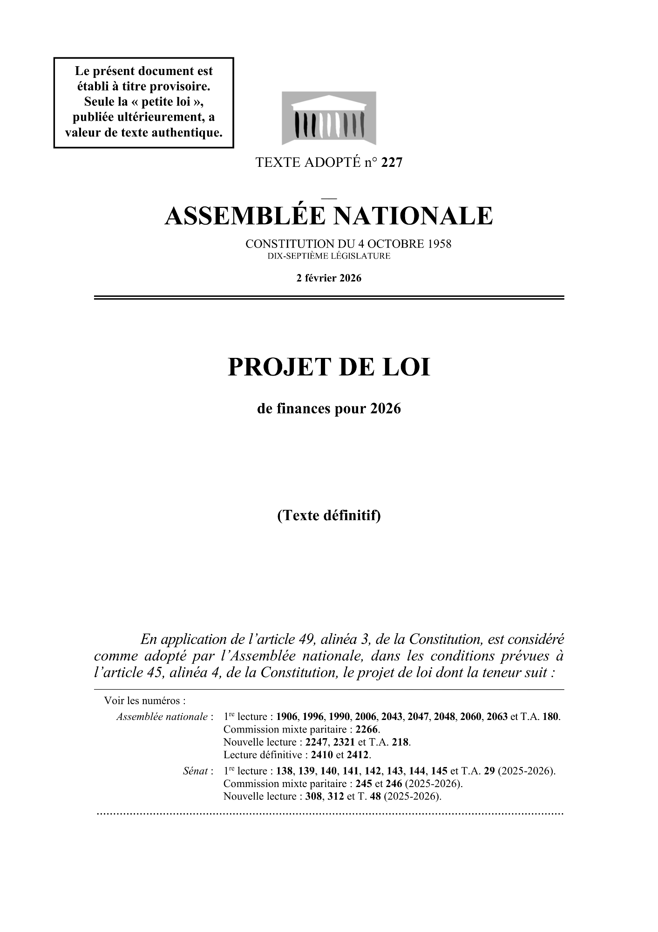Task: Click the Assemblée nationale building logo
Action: click(x=329, y=118)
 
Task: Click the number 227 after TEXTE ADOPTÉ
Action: click(x=391, y=163)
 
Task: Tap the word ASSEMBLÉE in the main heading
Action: click(x=244, y=216)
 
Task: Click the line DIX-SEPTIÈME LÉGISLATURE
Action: click(x=329, y=256)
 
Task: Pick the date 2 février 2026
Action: click(x=329, y=278)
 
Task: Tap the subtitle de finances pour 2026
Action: click(x=329, y=409)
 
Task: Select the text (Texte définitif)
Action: click(x=329, y=515)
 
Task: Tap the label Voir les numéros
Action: click(x=145, y=701)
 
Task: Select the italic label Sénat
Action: click(x=196, y=771)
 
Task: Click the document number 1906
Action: click(x=288, y=717)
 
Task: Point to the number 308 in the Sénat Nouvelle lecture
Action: click(x=314, y=796)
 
